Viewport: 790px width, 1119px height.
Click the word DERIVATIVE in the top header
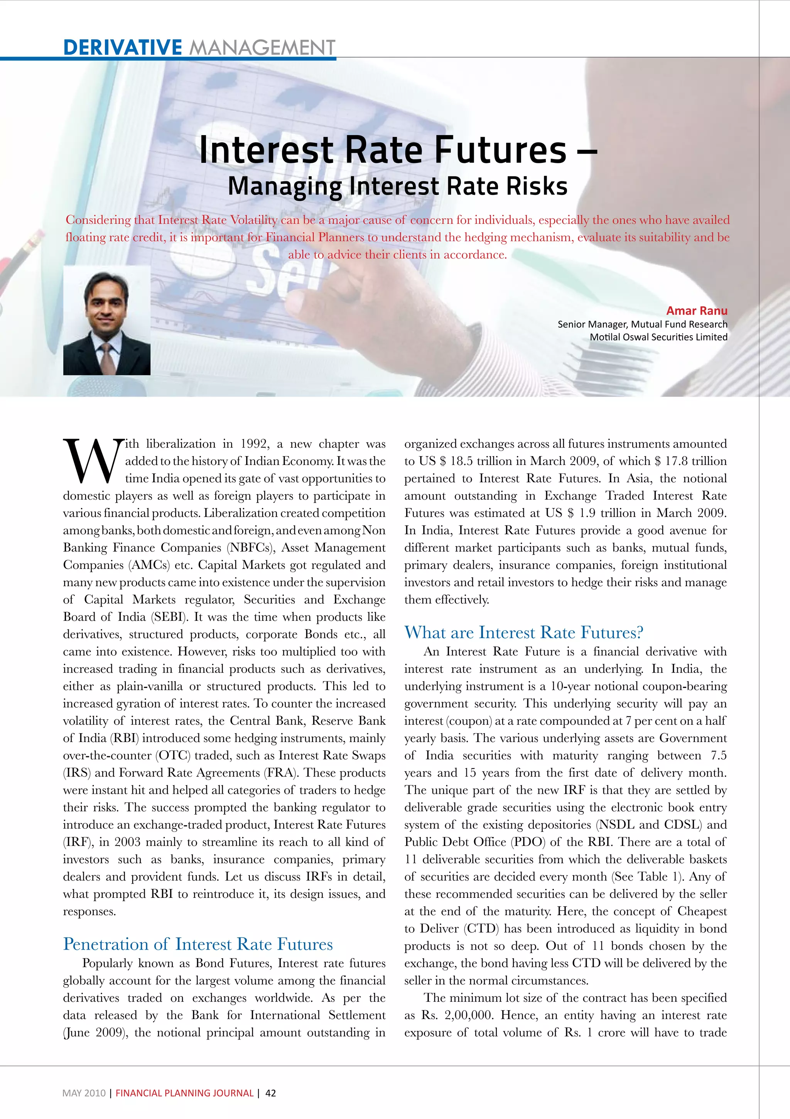pyautogui.click(x=122, y=48)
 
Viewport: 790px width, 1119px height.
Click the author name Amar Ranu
pyautogui.click(x=696, y=311)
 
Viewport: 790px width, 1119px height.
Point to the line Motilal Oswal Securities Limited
pyautogui.click(x=658, y=337)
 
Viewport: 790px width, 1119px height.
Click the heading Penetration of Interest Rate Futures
pyautogui.click(x=198, y=945)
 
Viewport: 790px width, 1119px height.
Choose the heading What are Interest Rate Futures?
pyautogui.click(x=523, y=632)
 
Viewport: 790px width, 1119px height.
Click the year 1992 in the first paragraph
pyautogui.click(x=253, y=444)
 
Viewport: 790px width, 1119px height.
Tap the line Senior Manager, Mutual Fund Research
pyautogui.click(x=642, y=325)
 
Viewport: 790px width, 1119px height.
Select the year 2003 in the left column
pyautogui.click(x=127, y=842)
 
